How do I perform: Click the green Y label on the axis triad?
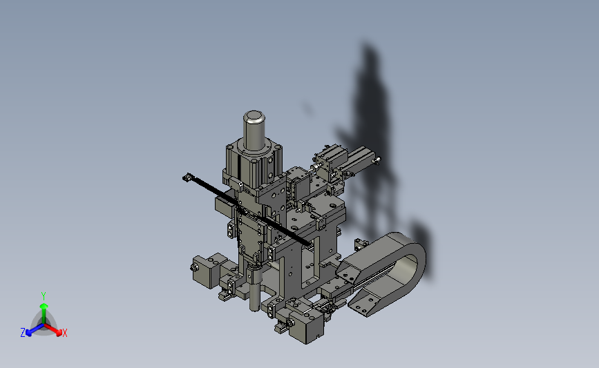tap(43, 296)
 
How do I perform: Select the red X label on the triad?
tap(64, 333)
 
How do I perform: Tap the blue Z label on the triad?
tap(23, 333)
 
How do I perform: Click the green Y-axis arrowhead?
tap(44, 306)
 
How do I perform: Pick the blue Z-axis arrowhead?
tap(29, 333)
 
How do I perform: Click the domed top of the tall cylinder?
tap(254, 116)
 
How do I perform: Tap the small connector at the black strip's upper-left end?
tap(187, 177)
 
